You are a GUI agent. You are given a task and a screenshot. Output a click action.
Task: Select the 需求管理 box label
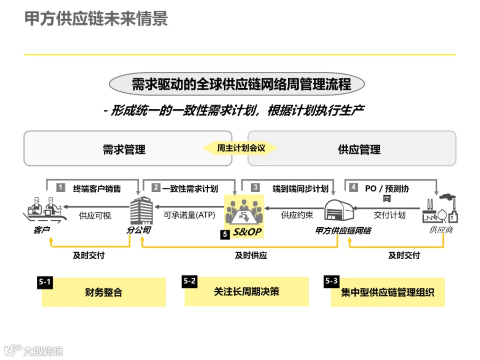[124, 150]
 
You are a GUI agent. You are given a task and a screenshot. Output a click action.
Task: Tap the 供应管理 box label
[359, 150]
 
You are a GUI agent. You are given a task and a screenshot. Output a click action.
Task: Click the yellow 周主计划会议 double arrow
[241, 148]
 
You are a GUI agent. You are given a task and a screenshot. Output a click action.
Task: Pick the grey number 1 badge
[61, 187]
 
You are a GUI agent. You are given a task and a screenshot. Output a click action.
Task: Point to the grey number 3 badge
[255, 187]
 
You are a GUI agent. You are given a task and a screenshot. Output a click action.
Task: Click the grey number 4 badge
[354, 187]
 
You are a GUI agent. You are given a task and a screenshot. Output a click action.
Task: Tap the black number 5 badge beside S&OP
[225, 235]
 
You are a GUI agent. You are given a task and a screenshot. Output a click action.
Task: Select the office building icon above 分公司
[141, 211]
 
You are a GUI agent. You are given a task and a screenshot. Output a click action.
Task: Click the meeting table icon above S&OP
[244, 212]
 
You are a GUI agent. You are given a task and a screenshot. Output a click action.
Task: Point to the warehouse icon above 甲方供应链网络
[339, 210]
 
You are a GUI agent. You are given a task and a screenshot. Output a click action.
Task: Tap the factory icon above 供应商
[440, 208]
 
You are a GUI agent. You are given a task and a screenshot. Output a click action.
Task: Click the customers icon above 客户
[45, 210]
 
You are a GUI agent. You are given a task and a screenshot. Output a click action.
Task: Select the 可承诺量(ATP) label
[189, 215]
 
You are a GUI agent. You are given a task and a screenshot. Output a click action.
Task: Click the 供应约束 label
[297, 215]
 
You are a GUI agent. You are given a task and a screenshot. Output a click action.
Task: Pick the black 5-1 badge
[45, 282]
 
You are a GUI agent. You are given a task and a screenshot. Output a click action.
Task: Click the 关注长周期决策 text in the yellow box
[246, 292]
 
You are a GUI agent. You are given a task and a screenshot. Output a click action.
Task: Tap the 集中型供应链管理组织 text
[388, 292]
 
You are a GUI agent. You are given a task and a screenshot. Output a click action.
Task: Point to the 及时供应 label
[251, 255]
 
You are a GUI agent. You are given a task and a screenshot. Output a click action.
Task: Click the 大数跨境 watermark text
[43, 351]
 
